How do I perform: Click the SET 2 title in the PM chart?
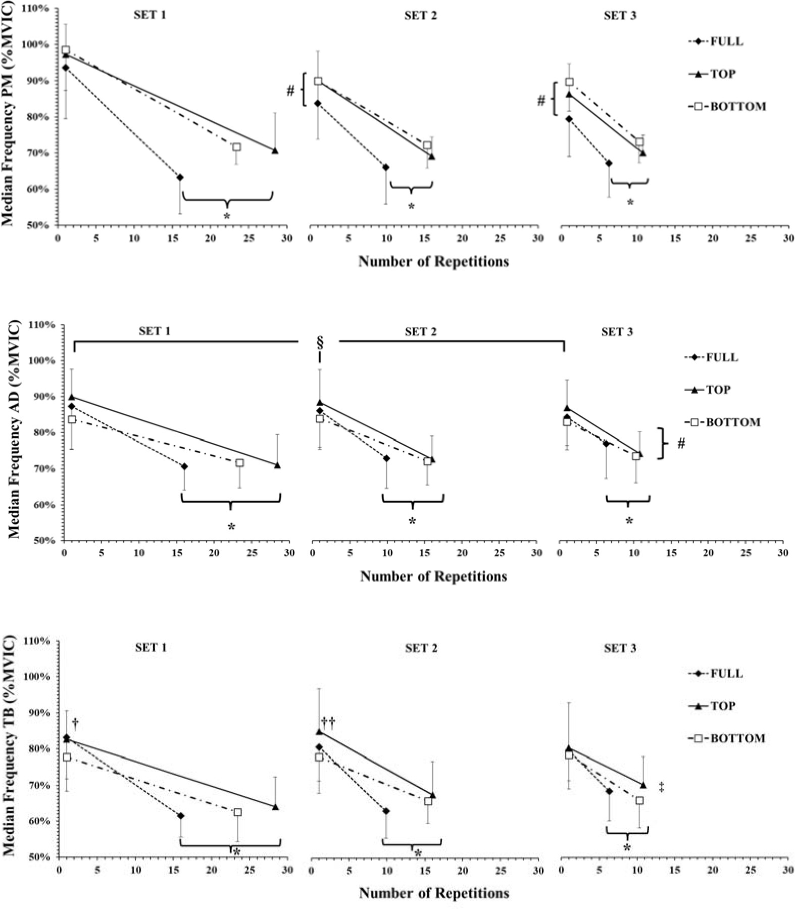click(x=420, y=16)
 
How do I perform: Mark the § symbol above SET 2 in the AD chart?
click(x=320, y=344)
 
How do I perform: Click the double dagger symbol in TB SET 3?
click(x=661, y=787)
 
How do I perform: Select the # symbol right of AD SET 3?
click(x=681, y=444)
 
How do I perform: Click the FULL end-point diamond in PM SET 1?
click(x=180, y=177)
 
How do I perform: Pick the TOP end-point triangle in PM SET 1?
click(x=275, y=151)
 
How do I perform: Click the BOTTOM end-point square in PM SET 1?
click(x=236, y=147)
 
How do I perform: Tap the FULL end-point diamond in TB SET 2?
click(x=386, y=811)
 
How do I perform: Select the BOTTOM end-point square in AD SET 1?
click(x=240, y=463)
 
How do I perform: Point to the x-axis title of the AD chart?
click(x=433, y=577)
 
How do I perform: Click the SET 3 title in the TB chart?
click(x=620, y=648)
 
